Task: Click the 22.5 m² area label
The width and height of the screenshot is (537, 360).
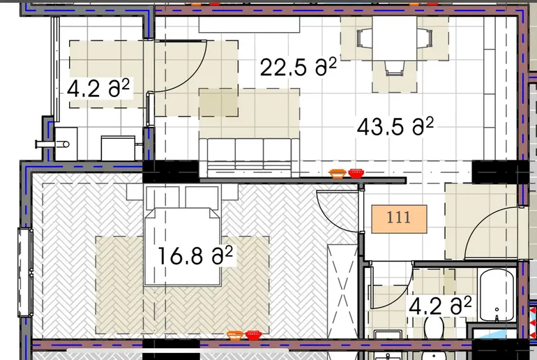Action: coord(298,67)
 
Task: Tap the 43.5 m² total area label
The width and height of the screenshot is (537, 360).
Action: coord(395,126)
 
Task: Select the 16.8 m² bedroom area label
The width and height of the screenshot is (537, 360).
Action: coord(195,255)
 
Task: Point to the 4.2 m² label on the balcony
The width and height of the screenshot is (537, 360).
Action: coord(98,89)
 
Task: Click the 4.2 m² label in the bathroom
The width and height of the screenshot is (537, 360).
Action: coord(440,306)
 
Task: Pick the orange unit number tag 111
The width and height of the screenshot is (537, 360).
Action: coord(399,219)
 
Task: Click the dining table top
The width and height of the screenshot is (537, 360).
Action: coord(395,38)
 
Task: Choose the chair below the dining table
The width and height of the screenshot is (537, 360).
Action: coord(395,68)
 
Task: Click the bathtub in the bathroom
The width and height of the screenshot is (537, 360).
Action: coord(497,294)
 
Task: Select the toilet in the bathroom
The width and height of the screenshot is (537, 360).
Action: coord(434,327)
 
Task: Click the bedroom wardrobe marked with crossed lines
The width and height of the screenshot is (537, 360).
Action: coord(343,291)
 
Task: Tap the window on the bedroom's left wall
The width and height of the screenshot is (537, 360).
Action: coord(26,273)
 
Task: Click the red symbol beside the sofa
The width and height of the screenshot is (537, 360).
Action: coord(356,173)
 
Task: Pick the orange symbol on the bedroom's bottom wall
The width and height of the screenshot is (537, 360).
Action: coord(235,336)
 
